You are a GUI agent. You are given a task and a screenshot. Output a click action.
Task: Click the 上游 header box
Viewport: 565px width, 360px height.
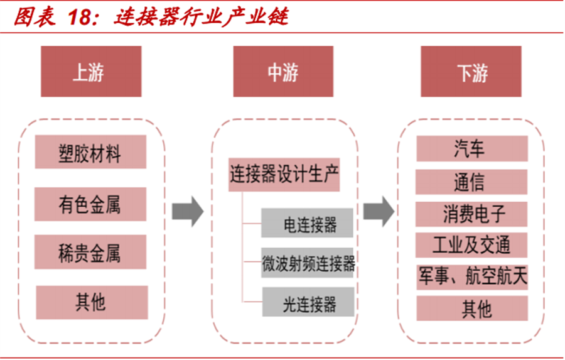[88, 71]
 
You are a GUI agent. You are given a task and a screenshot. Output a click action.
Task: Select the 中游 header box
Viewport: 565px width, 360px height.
[283, 71]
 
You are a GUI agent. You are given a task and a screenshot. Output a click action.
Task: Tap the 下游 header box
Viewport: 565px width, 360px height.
[471, 71]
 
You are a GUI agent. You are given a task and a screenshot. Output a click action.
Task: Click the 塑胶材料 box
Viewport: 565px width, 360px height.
[90, 152]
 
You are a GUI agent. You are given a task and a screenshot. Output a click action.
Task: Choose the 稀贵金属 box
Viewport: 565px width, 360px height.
[90, 252]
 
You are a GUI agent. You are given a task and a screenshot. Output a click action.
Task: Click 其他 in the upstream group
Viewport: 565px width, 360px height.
[90, 302]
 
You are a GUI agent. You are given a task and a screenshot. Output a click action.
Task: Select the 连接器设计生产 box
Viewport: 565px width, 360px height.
[284, 175]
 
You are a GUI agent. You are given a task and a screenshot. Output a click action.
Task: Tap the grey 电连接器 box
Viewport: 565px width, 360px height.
[309, 224]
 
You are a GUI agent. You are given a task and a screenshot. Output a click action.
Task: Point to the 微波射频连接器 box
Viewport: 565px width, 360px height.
[309, 264]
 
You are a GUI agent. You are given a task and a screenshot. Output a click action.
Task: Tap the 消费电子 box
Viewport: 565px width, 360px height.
[471, 214]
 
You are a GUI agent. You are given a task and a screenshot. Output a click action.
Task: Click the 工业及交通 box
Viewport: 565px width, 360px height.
[471, 245]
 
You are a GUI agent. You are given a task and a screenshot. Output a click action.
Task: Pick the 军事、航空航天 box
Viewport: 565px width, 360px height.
[471, 276]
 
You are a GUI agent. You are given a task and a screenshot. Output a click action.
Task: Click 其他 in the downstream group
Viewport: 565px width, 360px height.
[471, 308]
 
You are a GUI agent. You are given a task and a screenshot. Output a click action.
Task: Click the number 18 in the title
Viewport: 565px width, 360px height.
[80, 17]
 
